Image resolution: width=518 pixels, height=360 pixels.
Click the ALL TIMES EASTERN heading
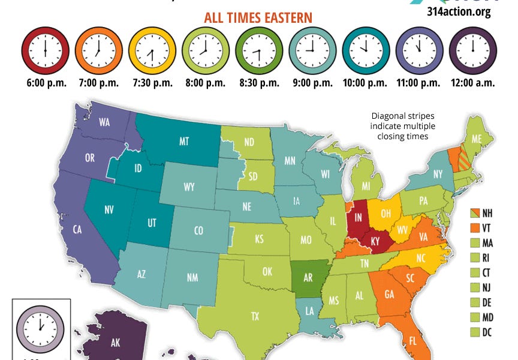coord(258,17)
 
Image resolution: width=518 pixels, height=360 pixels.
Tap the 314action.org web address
coord(459,12)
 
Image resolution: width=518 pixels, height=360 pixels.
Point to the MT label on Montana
coord(184,142)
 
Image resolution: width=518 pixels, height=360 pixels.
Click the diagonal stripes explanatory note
coord(402,126)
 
